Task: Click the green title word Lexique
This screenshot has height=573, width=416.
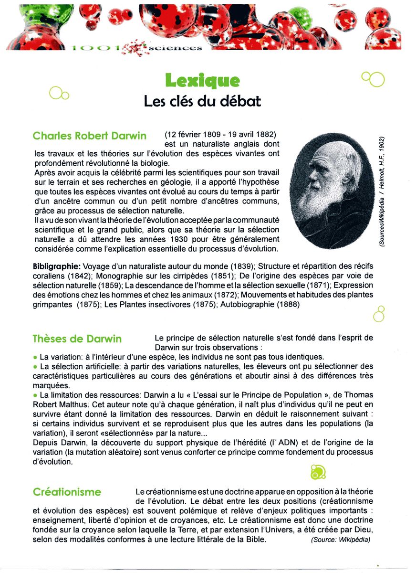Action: tap(202, 80)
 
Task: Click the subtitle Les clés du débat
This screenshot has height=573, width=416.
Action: tap(202, 102)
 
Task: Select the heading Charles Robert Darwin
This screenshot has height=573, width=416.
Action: tap(90, 136)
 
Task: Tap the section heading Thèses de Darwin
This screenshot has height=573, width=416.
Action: tap(77, 339)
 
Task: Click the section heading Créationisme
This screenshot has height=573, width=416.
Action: tap(67, 492)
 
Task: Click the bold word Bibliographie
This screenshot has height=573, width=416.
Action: tap(57, 266)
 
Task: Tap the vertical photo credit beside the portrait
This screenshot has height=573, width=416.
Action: tap(383, 191)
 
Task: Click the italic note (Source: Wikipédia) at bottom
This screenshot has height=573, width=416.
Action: tap(340, 540)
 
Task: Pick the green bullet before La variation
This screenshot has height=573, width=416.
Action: tap(35, 357)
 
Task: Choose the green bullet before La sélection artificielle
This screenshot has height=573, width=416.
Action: tap(35, 367)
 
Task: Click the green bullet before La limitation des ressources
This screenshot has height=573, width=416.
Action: tap(35, 395)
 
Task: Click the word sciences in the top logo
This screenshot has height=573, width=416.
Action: tap(175, 48)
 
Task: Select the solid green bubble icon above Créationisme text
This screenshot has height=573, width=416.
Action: tap(317, 472)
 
